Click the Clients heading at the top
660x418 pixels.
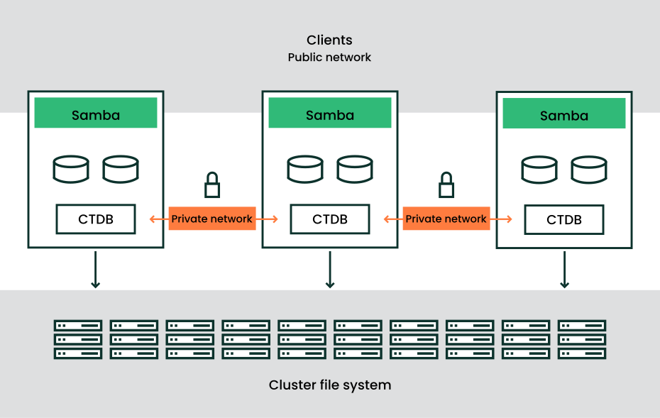pos(329,40)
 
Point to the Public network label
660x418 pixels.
pos(329,57)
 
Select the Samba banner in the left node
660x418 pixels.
pos(96,114)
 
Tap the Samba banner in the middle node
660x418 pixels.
pos(330,114)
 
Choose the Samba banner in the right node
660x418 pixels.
pos(564,115)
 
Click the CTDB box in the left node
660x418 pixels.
pos(96,219)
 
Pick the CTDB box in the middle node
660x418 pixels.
pos(330,219)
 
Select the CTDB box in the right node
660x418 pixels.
pos(564,220)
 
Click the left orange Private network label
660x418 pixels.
pos(212,219)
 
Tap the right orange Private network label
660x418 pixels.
pos(446,219)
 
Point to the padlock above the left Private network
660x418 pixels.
pos(212,185)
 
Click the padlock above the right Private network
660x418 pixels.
pos(446,185)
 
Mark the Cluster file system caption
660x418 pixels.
pos(330,385)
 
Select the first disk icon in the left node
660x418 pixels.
pos(71,170)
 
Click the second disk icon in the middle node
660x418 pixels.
pos(355,170)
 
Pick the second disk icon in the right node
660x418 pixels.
pos(589,170)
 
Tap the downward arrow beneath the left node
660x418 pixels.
pos(96,270)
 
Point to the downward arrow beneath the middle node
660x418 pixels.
pos(330,270)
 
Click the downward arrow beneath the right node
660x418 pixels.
pos(564,270)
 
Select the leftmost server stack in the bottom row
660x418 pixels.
pos(78,339)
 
